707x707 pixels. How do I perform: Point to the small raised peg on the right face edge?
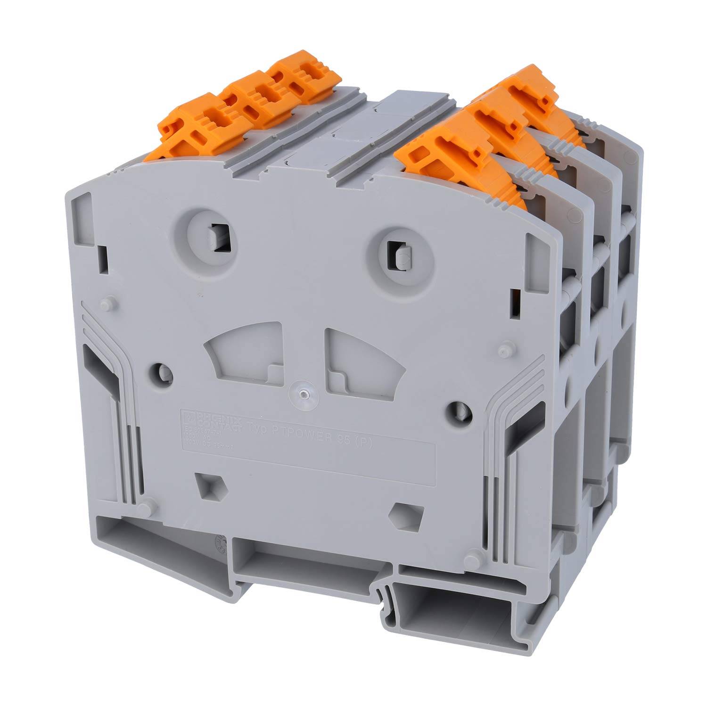(x=505, y=351)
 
